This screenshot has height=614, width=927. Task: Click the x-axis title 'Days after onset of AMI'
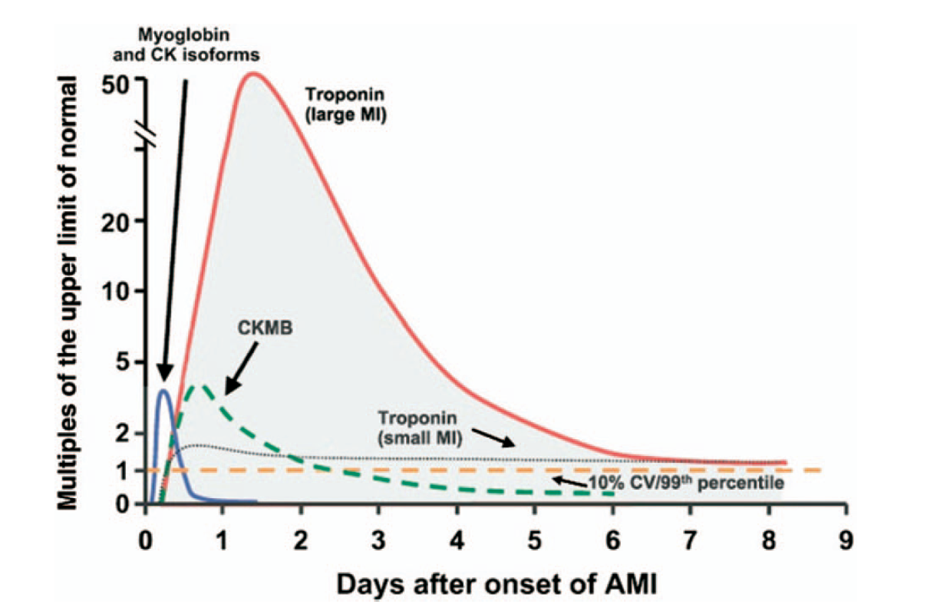tap(495, 585)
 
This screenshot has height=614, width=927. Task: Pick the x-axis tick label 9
tap(846, 536)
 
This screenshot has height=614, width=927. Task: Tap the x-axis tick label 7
tap(691, 536)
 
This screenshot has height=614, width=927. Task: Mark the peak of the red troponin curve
tap(253, 74)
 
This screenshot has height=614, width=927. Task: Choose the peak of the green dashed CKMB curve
tap(201, 385)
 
